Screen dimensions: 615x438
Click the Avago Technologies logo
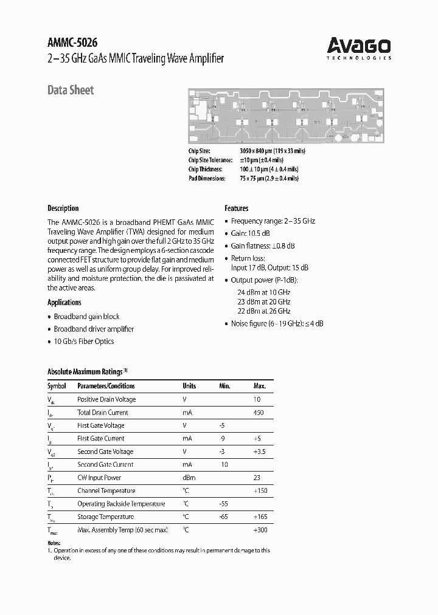click(359, 47)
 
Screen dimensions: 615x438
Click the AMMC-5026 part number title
click(72, 43)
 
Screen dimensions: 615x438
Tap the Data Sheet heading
click(71, 90)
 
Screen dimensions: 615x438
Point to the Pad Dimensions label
click(207, 179)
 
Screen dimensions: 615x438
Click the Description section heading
click(63, 208)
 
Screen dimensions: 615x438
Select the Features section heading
click(237, 208)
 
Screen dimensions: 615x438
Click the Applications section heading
click(64, 302)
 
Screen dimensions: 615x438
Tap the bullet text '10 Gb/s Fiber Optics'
click(83, 342)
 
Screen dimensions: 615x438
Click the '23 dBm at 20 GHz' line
click(263, 301)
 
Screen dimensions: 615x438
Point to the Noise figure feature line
click(277, 323)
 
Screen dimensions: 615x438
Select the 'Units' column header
click(189, 386)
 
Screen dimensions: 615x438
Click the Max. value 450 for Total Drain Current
click(258, 413)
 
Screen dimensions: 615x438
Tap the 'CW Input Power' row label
click(99, 478)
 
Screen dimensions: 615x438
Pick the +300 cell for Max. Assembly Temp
click(260, 530)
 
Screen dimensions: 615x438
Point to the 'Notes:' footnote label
click(54, 543)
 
